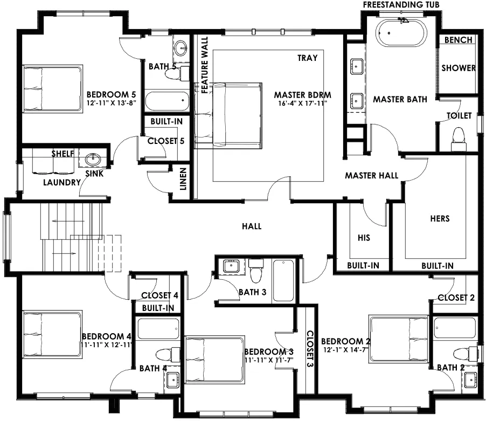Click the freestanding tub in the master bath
[x=401, y=33]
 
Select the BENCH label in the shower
[x=458, y=40]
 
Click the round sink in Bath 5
[x=180, y=48]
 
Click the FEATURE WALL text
[x=205, y=65]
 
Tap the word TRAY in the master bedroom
[x=308, y=58]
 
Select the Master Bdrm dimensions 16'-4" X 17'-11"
[x=302, y=103]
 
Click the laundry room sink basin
[x=92, y=160]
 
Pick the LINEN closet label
[x=183, y=179]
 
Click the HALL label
[x=252, y=226]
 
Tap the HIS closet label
[x=364, y=238]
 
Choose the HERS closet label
[x=440, y=218]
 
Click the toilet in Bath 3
[x=256, y=271]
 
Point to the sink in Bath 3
[x=231, y=266]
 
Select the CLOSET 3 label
[x=310, y=349]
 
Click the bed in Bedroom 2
[x=399, y=339]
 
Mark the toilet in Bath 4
[x=168, y=355]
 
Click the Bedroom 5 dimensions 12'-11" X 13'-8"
[x=112, y=102]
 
